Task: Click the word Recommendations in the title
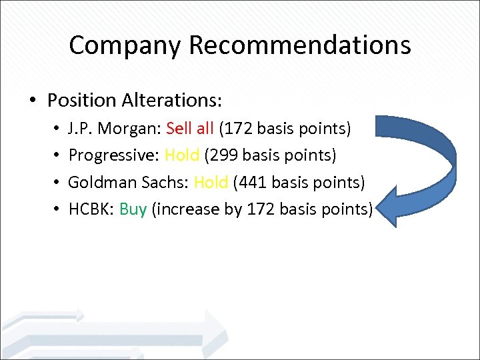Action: [299, 45]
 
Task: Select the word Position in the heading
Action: [82, 101]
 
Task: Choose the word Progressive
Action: [112, 155]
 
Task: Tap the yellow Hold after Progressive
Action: [182, 155]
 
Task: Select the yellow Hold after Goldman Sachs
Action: [211, 182]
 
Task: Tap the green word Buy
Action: [133, 209]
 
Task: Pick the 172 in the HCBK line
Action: [261, 209]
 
